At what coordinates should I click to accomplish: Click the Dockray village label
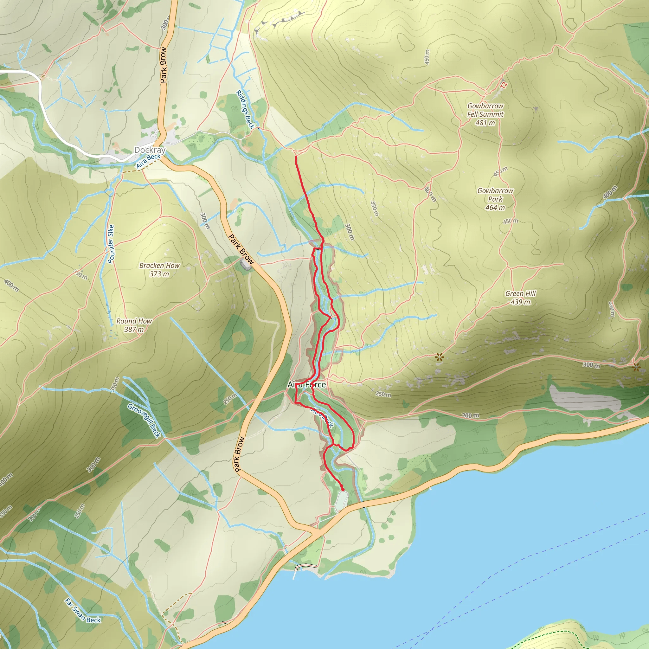pyautogui.click(x=150, y=150)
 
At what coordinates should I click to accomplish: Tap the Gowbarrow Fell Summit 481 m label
pyautogui.click(x=485, y=114)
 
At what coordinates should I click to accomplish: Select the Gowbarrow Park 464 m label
pyautogui.click(x=495, y=199)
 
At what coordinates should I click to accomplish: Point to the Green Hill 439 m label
pyautogui.click(x=520, y=298)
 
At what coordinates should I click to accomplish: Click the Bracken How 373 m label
pyautogui.click(x=159, y=270)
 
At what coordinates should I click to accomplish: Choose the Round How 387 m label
pyautogui.click(x=134, y=325)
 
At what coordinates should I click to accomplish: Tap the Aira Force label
pyautogui.click(x=307, y=385)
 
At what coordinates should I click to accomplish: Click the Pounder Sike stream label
pyautogui.click(x=111, y=244)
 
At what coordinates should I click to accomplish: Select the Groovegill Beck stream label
pyautogui.click(x=145, y=421)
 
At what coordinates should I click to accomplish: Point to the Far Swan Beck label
pyautogui.click(x=83, y=610)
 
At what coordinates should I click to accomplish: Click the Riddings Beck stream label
pyautogui.click(x=245, y=110)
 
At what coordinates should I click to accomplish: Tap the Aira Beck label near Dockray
pyautogui.click(x=148, y=161)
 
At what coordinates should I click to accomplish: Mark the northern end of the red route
pyautogui.click(x=296, y=157)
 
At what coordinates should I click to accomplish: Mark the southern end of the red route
pyautogui.click(x=342, y=490)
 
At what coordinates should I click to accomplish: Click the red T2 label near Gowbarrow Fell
pyautogui.click(x=503, y=85)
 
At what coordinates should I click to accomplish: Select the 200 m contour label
pyautogui.click(x=470, y=415)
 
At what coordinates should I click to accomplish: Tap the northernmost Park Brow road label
pyautogui.click(x=164, y=65)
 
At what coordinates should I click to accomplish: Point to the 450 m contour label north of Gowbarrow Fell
pyautogui.click(x=427, y=57)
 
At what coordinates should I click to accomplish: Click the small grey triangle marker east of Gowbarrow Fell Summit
pyautogui.click(x=536, y=109)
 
